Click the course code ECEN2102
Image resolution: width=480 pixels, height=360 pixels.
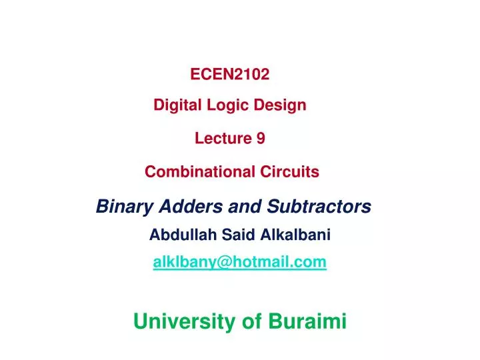[230, 75]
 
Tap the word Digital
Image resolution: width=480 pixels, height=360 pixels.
[175, 105]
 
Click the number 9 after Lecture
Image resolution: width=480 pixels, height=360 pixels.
[261, 138]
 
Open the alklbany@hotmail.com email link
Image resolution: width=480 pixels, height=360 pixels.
[239, 263]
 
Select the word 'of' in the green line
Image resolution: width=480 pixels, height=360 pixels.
[252, 322]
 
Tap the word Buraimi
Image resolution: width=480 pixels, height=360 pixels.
[307, 322]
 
